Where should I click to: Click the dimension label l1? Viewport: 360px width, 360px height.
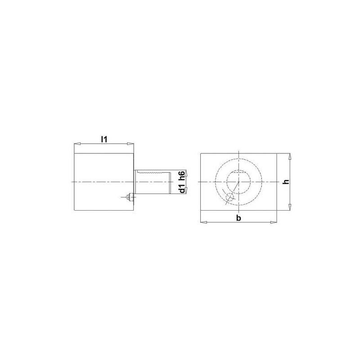[x=104, y=139]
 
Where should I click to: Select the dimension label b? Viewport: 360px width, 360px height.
[x=238, y=218]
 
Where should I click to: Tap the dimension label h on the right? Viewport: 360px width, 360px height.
[x=284, y=182]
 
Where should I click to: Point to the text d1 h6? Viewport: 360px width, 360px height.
[x=181, y=182]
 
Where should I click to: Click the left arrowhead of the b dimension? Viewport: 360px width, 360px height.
[x=203, y=222]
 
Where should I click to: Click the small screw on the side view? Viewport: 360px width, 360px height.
[x=129, y=196]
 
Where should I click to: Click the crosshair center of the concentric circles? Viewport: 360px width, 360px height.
[x=239, y=182]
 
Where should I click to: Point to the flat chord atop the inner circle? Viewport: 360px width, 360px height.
[x=239, y=172]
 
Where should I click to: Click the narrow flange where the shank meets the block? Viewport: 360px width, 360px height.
[x=135, y=182]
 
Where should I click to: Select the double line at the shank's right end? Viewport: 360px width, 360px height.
[x=169, y=182]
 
